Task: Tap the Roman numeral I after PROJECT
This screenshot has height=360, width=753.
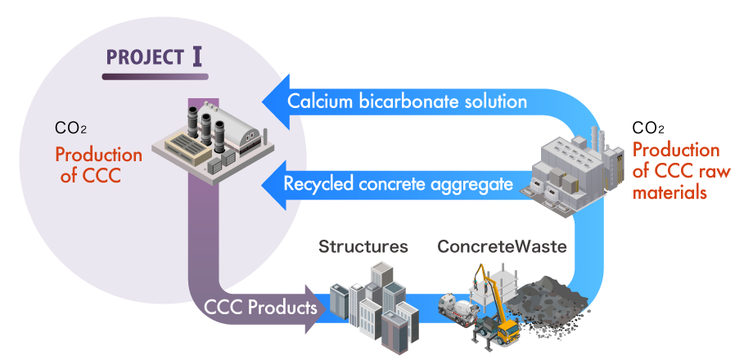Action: (x=197, y=58)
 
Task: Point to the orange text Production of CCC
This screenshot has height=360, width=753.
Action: (x=97, y=164)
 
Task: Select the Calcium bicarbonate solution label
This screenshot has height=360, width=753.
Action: (x=407, y=102)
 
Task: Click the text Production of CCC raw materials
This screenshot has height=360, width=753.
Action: (x=675, y=172)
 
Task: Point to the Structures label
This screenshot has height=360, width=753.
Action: (x=363, y=246)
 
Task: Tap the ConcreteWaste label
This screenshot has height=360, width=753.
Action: (x=502, y=246)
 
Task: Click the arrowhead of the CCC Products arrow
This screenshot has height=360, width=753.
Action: (x=315, y=309)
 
